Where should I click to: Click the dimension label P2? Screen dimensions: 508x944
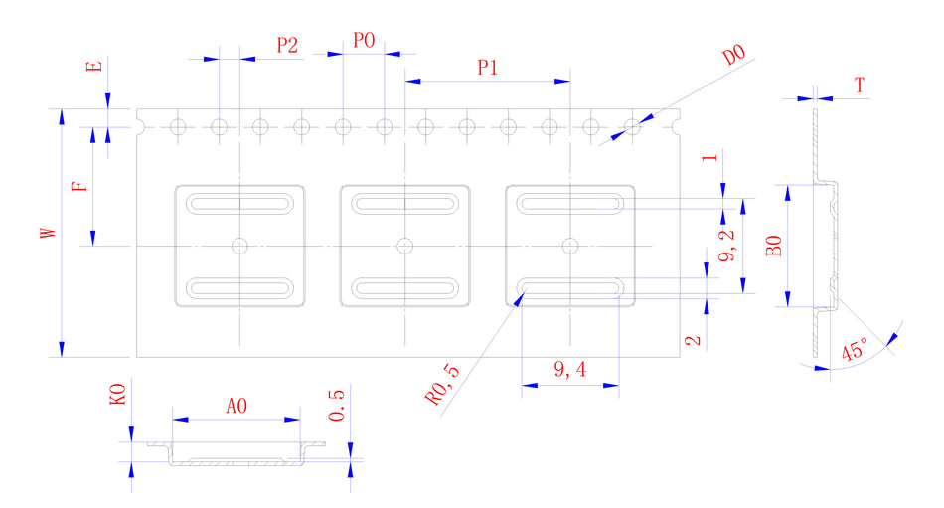(x=287, y=45)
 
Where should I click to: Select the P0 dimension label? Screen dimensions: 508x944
(x=364, y=41)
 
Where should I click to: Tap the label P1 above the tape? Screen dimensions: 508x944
(x=487, y=68)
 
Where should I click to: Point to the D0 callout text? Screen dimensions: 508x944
(x=734, y=55)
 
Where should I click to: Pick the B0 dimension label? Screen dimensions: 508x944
(x=775, y=245)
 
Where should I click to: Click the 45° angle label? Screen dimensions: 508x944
(x=854, y=351)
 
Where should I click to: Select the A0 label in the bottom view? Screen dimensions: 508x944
(x=236, y=406)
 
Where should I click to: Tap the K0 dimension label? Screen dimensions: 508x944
(x=117, y=397)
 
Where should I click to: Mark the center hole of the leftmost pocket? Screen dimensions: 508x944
(x=239, y=245)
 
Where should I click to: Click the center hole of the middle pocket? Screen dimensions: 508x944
(x=404, y=245)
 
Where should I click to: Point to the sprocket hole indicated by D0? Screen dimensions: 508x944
(x=632, y=126)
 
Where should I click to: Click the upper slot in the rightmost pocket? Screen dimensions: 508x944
(x=570, y=204)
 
